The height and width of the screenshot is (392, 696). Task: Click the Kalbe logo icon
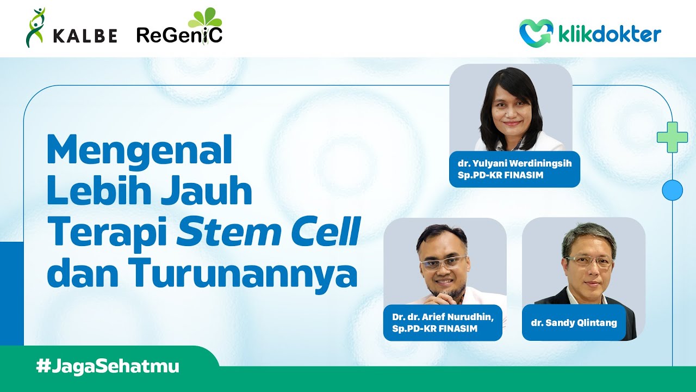(x=35, y=28)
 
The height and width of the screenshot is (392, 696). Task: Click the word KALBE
(x=85, y=36)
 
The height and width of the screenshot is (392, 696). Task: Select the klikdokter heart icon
(x=536, y=32)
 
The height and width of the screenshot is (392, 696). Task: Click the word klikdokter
(x=609, y=34)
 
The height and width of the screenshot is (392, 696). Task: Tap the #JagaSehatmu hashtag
(x=108, y=366)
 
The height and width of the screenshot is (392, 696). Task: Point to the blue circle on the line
(x=672, y=190)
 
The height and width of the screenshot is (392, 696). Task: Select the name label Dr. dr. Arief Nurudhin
(x=443, y=322)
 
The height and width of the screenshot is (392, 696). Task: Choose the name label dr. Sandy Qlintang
(x=574, y=323)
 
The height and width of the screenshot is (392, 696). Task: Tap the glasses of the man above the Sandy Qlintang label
(x=589, y=261)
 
